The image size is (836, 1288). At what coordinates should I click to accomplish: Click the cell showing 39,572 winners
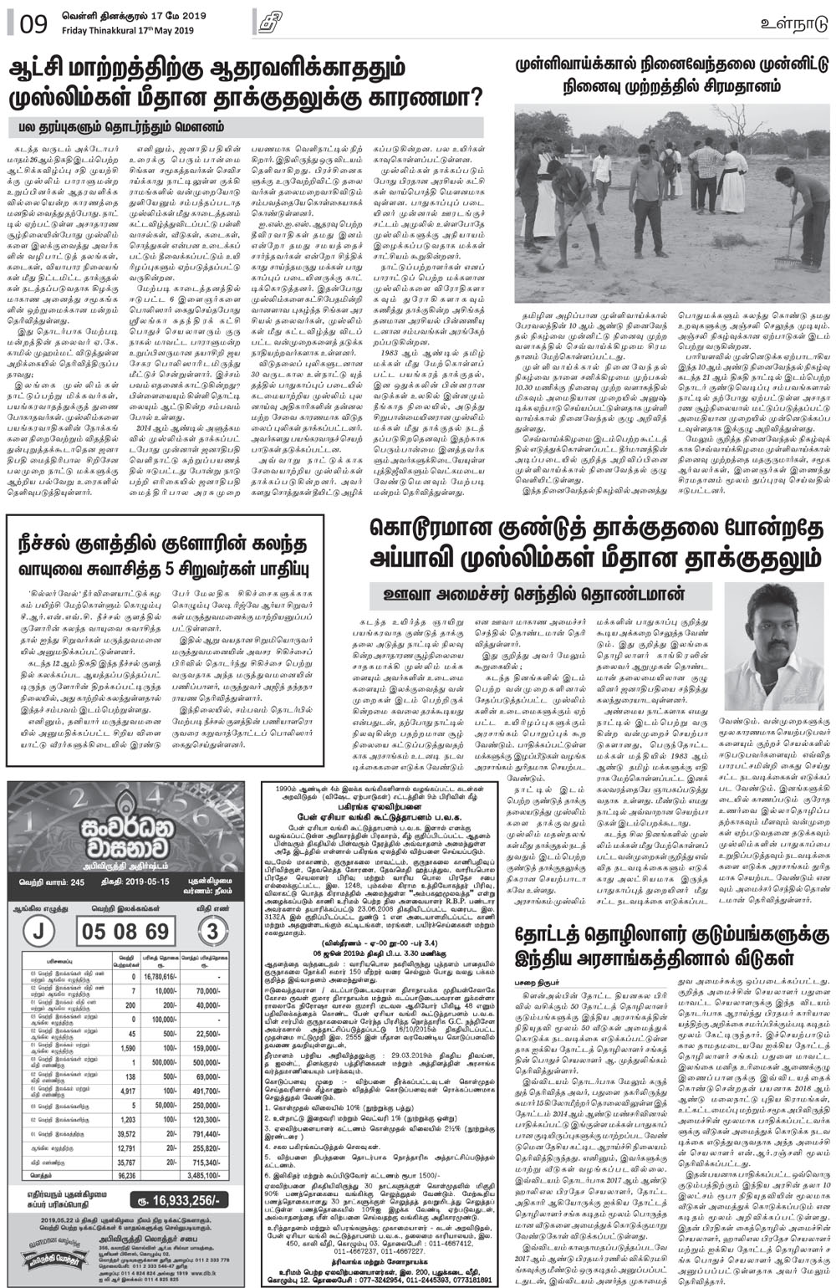(x=127, y=1134)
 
